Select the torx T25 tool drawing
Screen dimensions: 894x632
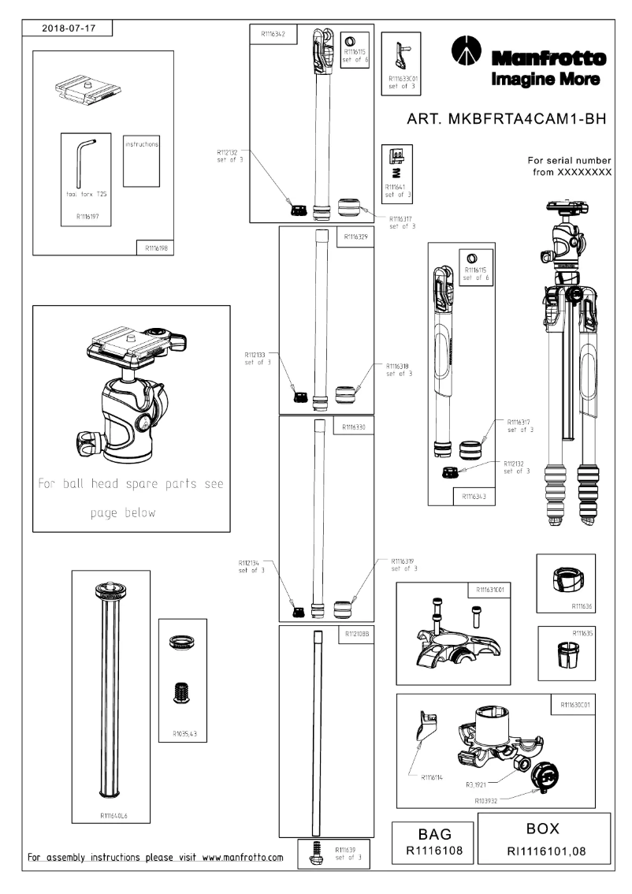tap(84, 164)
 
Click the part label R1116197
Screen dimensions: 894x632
tap(86, 213)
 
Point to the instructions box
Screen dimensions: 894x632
tap(142, 162)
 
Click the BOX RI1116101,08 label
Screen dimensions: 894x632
tap(543, 840)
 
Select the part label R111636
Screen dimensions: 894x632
tap(582, 607)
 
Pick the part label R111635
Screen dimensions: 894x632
tap(582, 633)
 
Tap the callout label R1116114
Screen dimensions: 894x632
tap(433, 777)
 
